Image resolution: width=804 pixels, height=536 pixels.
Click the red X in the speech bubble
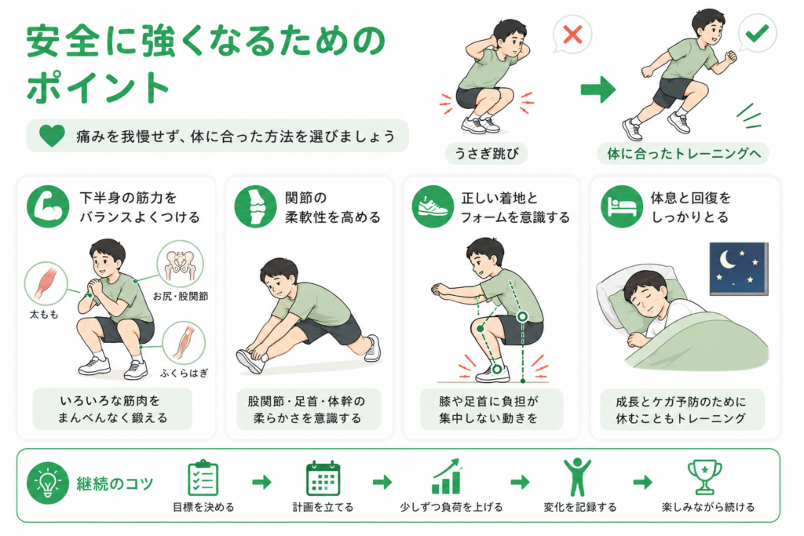coord(572,35)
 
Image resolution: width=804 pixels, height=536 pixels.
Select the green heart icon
coord(52,136)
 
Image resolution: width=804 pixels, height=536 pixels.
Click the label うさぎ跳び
coord(487,153)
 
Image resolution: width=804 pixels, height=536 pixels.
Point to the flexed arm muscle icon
coord(48,206)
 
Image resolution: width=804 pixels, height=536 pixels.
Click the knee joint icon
coord(255,206)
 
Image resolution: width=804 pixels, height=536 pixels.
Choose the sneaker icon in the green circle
coord(433,206)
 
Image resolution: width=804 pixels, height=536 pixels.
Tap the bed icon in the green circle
coord(622,206)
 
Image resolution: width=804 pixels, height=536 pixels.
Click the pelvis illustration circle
coord(180,264)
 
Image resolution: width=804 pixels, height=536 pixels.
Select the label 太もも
coord(44,315)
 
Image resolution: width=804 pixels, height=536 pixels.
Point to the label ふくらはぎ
coord(184,374)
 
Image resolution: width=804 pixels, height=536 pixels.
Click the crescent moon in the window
coord(728,259)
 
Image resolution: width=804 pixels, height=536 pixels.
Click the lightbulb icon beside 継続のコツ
coord(48,483)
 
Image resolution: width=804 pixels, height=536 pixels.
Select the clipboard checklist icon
coord(203,478)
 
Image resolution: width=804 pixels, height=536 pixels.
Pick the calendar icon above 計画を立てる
coord(323,478)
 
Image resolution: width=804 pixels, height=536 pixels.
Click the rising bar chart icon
coord(447,476)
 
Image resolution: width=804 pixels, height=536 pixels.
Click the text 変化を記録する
coord(580,507)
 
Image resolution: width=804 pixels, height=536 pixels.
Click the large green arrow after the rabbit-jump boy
coord(598,89)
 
